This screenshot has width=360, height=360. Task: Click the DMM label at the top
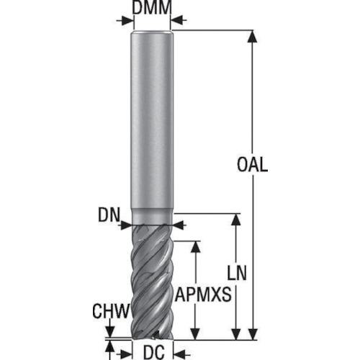click(152, 7)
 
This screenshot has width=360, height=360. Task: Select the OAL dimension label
click(252, 164)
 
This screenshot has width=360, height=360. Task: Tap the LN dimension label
click(237, 273)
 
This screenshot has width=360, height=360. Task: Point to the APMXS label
click(203, 294)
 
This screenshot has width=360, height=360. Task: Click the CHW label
click(111, 311)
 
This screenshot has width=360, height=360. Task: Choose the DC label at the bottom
click(154, 352)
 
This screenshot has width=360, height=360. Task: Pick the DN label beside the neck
click(109, 215)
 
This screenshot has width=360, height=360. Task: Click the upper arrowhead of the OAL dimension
click(253, 37)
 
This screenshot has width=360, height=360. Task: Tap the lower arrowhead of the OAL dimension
click(253, 334)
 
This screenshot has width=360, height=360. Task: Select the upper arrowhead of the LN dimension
click(236, 220)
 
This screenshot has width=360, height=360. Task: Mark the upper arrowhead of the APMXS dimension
click(196, 247)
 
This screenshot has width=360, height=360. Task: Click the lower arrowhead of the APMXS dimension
click(196, 334)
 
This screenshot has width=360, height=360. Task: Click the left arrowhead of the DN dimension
click(127, 225)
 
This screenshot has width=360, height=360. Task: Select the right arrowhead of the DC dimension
click(179, 354)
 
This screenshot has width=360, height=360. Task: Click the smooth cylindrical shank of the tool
click(152, 120)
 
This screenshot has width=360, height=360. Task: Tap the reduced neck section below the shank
click(152, 217)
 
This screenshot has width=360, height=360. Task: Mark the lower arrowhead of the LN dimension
click(236, 334)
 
